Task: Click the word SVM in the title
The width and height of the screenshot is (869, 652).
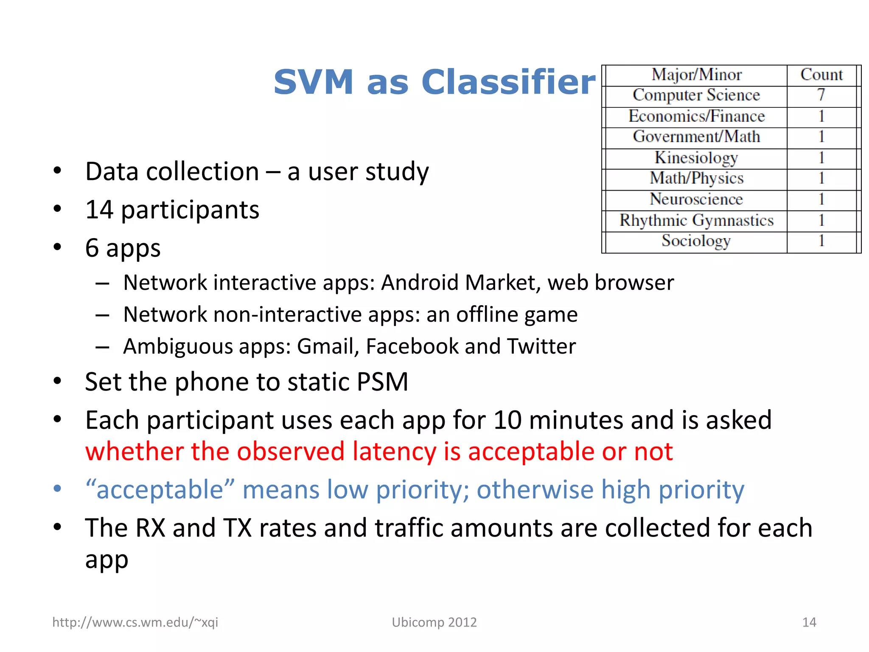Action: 313,82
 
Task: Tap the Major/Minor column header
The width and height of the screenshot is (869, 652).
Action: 696,75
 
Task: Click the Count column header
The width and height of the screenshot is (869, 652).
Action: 821,75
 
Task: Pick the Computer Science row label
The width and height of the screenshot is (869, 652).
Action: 696,95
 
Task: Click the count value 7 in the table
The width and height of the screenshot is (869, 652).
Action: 821,95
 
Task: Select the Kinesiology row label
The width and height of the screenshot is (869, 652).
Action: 696,158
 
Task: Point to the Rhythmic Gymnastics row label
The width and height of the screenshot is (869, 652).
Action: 696,220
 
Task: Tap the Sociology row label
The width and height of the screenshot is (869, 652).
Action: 696,241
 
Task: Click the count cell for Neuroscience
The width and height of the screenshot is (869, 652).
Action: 821,199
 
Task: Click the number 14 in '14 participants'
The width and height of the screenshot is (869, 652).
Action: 99,210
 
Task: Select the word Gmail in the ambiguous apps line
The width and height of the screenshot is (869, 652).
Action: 325,346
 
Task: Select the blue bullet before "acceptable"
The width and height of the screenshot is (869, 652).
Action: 57,489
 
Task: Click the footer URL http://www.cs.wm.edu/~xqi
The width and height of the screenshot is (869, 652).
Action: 135,622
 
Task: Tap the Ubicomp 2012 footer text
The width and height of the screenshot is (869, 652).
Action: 434,622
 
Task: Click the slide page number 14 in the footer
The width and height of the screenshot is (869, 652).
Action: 809,622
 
